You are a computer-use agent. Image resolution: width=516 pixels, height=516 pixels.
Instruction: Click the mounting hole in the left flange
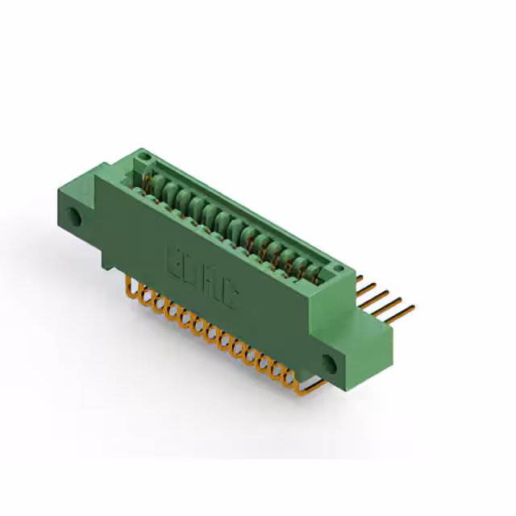coord(74,216)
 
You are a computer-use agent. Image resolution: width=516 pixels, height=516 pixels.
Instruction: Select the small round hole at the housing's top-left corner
coord(143,154)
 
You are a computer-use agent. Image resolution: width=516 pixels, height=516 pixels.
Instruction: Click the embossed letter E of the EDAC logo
coord(174,260)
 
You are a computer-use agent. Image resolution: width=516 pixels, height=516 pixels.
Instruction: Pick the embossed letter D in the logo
coord(192,271)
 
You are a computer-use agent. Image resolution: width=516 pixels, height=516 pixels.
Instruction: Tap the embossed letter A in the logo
coord(210,281)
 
